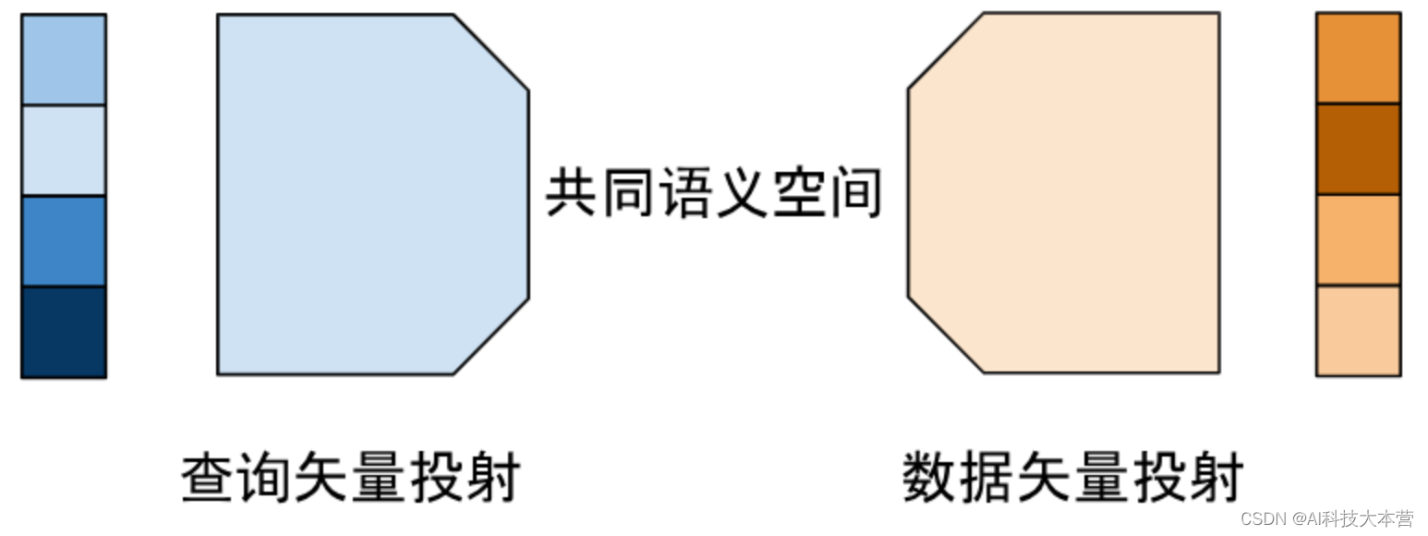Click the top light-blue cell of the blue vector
(64, 59)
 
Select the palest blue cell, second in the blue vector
(64, 150)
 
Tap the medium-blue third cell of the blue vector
(64, 240)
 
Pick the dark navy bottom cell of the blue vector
(64, 331)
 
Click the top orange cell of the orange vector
(1358, 57)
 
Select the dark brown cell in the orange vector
(1358, 149)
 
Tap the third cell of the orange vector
(1358, 239)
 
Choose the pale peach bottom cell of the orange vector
(1358, 330)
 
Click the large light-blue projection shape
(369, 194)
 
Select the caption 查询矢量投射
(351, 478)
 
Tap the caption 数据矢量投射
(1072, 478)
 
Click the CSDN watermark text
(1326, 518)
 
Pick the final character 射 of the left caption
(493, 478)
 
